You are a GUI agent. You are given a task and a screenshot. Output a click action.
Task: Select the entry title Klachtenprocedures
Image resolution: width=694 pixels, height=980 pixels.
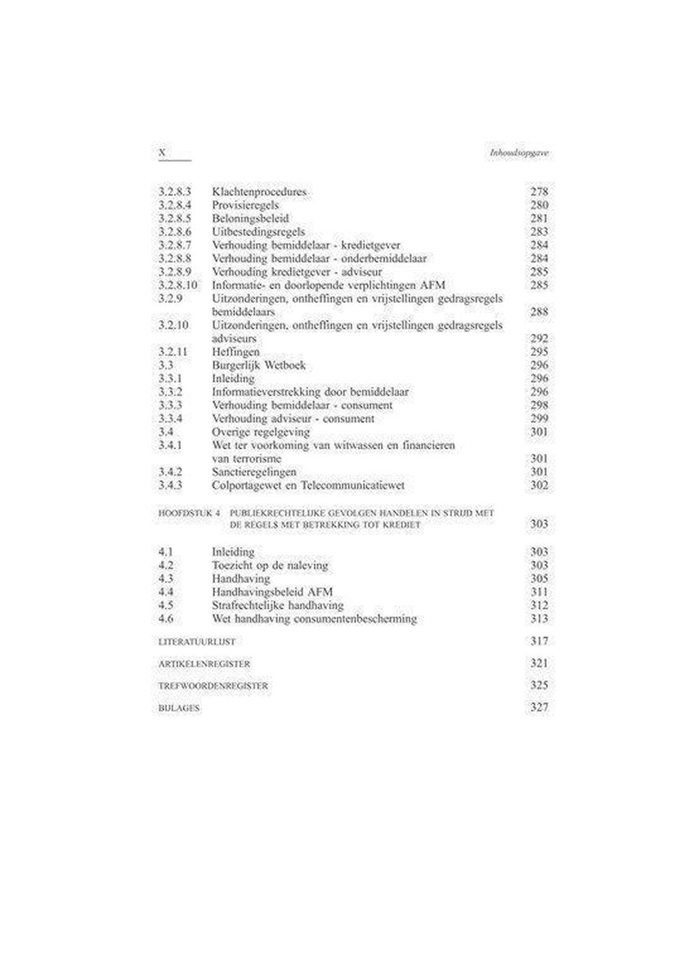259,192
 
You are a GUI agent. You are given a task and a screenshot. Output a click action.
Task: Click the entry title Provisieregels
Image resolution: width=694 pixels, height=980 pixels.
246,205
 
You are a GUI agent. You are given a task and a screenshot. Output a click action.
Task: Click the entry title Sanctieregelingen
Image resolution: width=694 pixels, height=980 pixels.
253,472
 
